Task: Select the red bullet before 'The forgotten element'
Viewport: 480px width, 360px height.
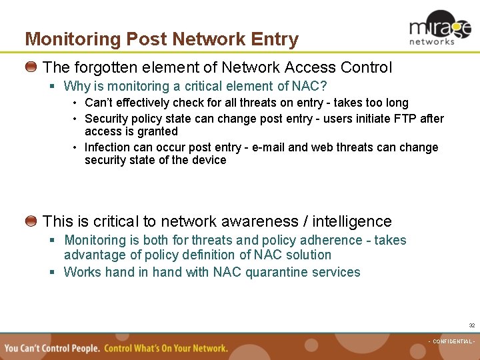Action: [x=31, y=67]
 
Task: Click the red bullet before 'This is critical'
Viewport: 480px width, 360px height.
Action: [x=31, y=221]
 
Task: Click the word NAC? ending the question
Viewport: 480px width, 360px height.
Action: [x=311, y=86]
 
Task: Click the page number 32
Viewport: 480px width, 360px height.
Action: [x=471, y=325]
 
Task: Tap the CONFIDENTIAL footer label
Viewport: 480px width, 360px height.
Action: [x=451, y=341]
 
